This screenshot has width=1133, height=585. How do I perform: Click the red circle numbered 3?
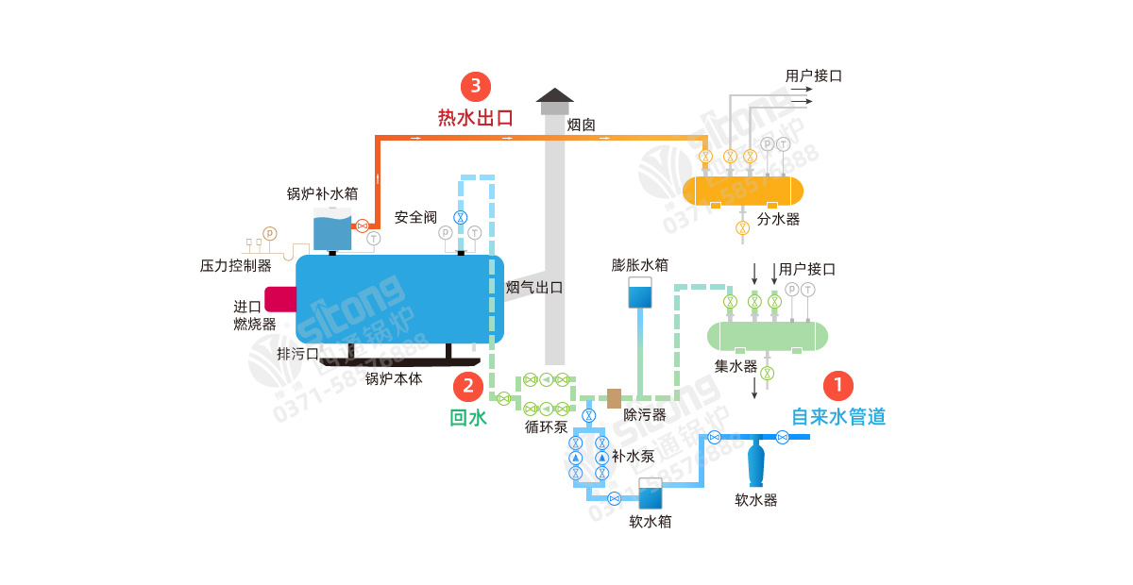click(x=476, y=87)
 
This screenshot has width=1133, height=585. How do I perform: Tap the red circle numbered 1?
click(x=838, y=385)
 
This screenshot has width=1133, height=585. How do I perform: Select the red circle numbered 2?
click(x=468, y=385)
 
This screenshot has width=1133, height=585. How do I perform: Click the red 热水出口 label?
click(x=475, y=118)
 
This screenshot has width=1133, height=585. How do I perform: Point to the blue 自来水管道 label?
click(x=838, y=416)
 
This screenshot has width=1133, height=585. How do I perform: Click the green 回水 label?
click(x=468, y=417)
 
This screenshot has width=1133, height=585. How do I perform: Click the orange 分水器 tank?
click(x=743, y=191)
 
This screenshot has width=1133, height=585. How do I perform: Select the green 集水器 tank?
click(x=768, y=336)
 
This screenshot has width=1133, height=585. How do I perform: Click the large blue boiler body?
click(x=398, y=299)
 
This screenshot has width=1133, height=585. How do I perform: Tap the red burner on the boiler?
click(x=280, y=299)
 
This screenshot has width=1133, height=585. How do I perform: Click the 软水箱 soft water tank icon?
click(x=650, y=494)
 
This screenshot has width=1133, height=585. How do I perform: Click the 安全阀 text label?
click(x=415, y=217)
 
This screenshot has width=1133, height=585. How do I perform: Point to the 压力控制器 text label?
click(x=236, y=266)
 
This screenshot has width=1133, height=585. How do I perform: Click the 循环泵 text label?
click(x=546, y=426)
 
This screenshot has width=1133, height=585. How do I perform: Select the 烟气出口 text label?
click(x=535, y=288)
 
